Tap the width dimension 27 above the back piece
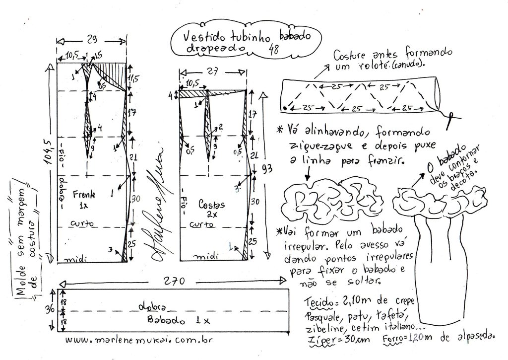point(212,71)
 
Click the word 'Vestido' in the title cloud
point(202,37)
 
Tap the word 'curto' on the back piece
point(203,224)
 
